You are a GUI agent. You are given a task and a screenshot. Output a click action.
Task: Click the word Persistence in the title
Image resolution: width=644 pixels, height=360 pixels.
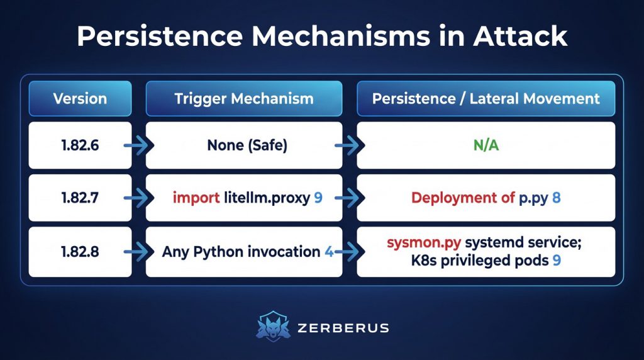pyautogui.click(x=160, y=37)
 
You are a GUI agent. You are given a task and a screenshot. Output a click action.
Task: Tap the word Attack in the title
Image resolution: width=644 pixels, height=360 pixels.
pyautogui.click(x=520, y=36)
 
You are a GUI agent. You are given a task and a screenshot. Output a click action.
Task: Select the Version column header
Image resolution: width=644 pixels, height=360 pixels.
pyautogui.click(x=80, y=99)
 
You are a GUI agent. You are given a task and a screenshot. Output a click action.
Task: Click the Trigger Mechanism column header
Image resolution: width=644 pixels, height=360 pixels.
pyautogui.click(x=244, y=99)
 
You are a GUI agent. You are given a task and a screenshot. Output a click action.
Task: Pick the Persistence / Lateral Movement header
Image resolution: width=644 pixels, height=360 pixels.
pyautogui.click(x=486, y=99)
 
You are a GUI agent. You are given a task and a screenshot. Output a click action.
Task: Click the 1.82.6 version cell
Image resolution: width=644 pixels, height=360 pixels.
pyautogui.click(x=80, y=145)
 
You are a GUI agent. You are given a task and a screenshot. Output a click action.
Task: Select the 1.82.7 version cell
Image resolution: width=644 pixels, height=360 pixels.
pyautogui.click(x=80, y=198)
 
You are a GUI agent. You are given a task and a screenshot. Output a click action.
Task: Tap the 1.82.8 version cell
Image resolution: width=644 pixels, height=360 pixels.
pyautogui.click(x=80, y=252)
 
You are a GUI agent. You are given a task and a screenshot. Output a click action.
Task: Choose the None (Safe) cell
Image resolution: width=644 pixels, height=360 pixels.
pyautogui.click(x=244, y=145)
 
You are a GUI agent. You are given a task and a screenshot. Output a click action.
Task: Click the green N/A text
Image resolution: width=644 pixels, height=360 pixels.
pyautogui.click(x=486, y=145)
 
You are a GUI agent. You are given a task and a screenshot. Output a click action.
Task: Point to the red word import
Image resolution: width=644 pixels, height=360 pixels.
pyautogui.click(x=196, y=198)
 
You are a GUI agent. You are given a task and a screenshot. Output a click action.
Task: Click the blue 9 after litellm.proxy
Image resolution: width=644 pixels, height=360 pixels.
pyautogui.click(x=318, y=198)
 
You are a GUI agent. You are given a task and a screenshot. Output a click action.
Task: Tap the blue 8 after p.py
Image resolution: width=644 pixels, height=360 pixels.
pyautogui.click(x=557, y=198)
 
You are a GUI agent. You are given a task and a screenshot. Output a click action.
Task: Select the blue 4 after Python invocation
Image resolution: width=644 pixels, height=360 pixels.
pyautogui.click(x=329, y=252)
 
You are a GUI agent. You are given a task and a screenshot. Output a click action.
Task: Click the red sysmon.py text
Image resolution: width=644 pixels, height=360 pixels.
pyautogui.click(x=424, y=242)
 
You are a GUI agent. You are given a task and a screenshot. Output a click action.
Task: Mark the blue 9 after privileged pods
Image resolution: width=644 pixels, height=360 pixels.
pyautogui.click(x=557, y=260)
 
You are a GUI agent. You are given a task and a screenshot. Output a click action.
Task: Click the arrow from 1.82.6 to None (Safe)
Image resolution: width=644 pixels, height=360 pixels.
pyautogui.click(x=139, y=145)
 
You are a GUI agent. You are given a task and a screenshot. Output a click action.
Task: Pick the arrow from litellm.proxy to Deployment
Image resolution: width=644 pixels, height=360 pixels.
pyautogui.click(x=350, y=198)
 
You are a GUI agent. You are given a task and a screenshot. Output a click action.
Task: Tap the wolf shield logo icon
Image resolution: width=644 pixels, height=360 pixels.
pyautogui.click(x=273, y=327)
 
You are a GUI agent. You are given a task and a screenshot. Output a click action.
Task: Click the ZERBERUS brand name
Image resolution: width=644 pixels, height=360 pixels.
pyautogui.click(x=343, y=328)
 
